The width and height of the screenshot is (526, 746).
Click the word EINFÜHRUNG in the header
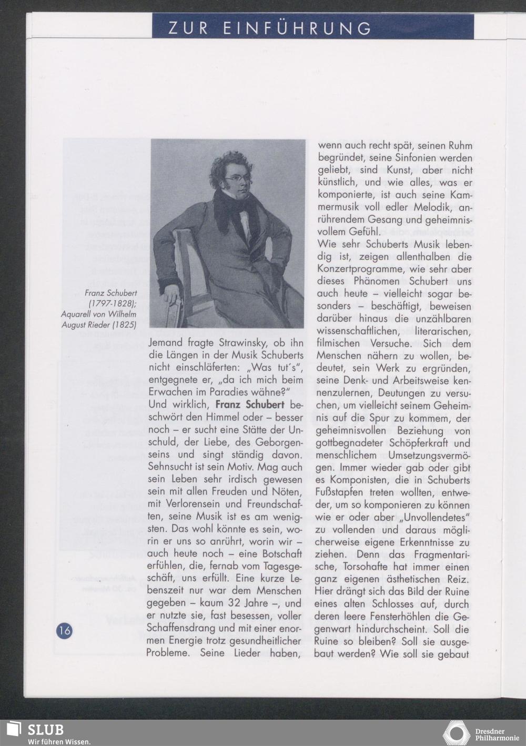coord(297,28)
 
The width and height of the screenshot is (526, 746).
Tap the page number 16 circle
coord(64,630)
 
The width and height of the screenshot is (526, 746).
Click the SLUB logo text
coord(45,730)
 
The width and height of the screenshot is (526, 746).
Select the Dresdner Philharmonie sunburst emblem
coord(456,733)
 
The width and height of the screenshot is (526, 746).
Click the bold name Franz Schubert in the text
coord(250,405)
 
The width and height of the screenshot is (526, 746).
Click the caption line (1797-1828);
coord(113,304)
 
